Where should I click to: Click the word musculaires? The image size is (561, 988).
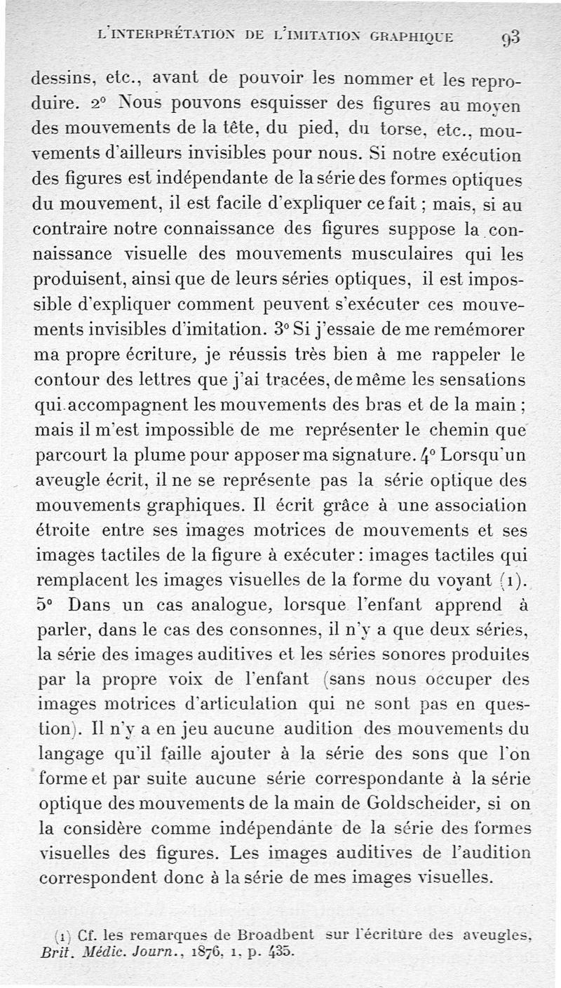point(365,255)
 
